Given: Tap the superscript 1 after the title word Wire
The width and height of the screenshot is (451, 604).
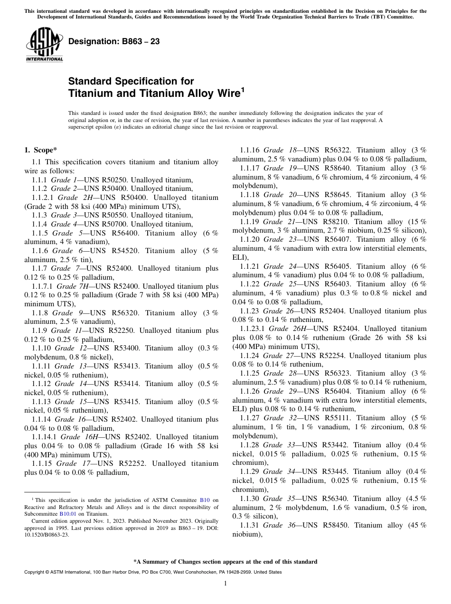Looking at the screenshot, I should tap(243, 90).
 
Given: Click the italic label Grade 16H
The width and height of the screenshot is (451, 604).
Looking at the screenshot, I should tap(80, 437).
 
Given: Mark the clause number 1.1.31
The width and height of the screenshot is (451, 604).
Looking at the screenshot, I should tap(250, 525).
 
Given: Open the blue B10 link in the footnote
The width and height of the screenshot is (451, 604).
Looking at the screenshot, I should tap(205, 500).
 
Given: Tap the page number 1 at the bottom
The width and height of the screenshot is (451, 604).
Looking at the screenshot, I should tap(225, 584).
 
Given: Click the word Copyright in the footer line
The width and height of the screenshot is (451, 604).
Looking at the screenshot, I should tap(35, 572).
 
